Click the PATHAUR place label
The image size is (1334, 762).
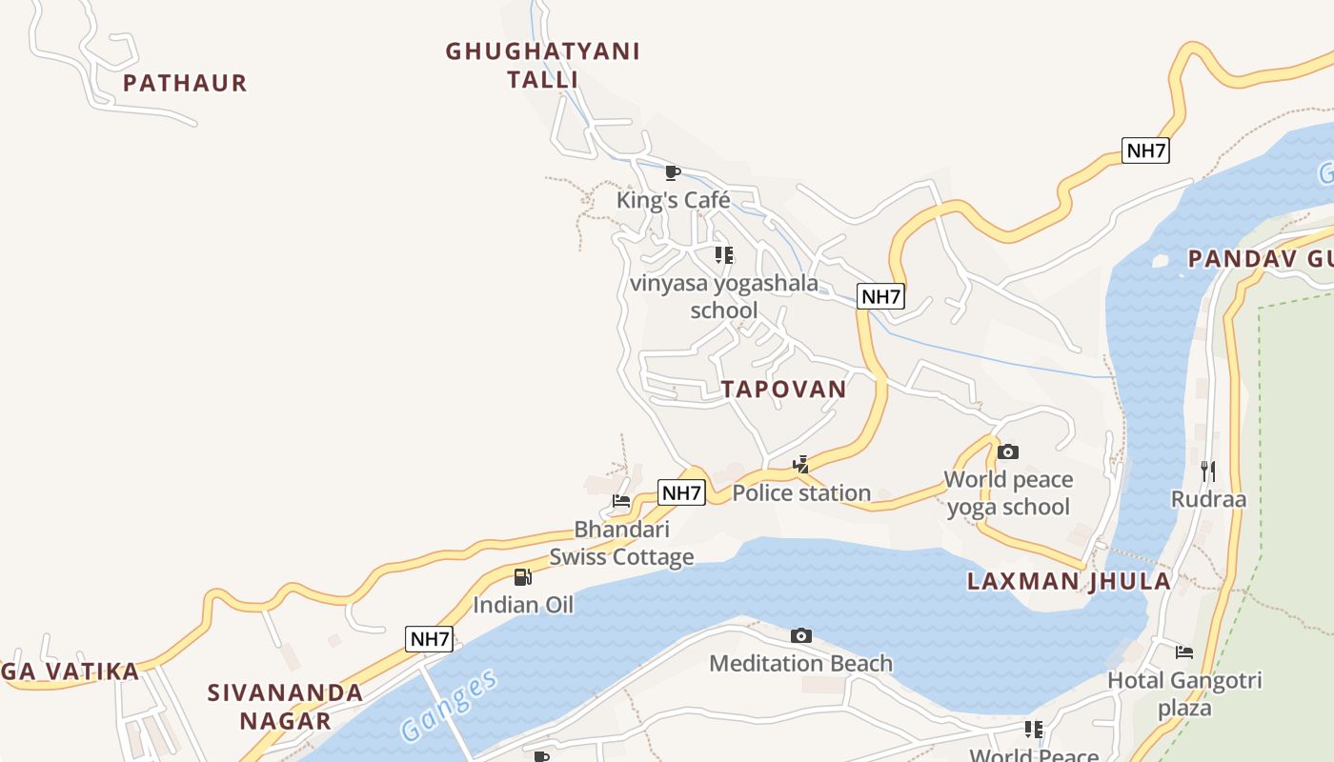[185, 83]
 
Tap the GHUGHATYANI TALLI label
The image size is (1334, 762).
[542, 65]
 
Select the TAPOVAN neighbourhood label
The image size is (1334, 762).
[783, 389]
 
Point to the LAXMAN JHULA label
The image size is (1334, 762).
[1068, 581]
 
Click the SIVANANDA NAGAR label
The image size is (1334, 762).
[285, 706]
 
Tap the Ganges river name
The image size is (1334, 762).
[449, 705]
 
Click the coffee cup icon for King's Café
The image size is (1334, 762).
[673, 172]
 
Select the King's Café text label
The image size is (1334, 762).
[673, 200]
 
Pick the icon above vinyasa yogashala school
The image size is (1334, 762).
[724, 254]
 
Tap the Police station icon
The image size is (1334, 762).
[801, 465]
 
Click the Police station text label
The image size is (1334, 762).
[801, 492]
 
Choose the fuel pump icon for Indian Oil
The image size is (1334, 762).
[522, 576]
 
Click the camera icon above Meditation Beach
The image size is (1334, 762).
[801, 635]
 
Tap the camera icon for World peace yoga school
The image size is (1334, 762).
[1008, 451]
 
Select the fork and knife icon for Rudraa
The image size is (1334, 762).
[1208, 471]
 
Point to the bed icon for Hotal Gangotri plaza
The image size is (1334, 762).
[1183, 652]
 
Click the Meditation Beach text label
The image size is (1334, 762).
[801, 663]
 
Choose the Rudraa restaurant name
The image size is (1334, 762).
[1208, 499]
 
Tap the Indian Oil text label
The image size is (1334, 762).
[523, 605]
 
